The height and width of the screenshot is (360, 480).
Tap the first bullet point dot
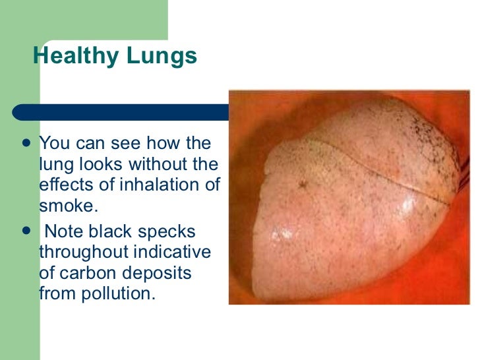click(x=26, y=143)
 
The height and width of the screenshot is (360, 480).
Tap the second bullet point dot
click(x=26, y=231)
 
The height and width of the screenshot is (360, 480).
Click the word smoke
click(x=67, y=205)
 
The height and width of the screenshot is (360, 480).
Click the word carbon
click(x=84, y=273)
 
